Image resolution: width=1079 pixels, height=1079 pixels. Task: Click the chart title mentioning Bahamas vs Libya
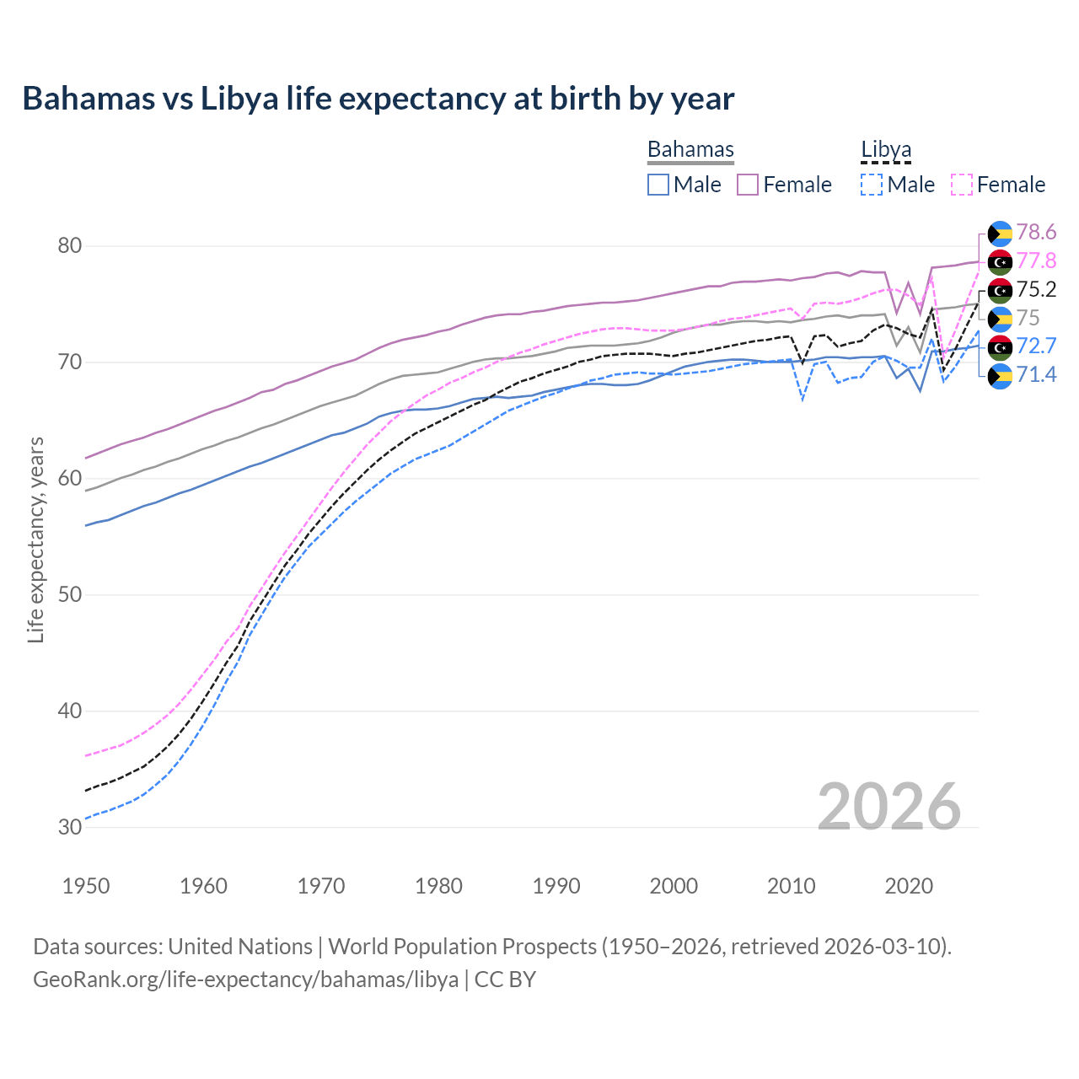click(x=378, y=99)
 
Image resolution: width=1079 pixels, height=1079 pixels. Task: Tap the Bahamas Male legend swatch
click(x=658, y=185)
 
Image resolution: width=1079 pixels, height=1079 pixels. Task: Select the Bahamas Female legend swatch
click(x=748, y=185)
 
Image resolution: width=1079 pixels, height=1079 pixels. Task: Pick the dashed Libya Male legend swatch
click(x=872, y=185)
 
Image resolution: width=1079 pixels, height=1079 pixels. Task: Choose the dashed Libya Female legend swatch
click(x=961, y=185)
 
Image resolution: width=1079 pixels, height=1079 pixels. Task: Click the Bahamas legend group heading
click(x=690, y=150)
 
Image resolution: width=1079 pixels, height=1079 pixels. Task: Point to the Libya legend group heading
click(x=886, y=150)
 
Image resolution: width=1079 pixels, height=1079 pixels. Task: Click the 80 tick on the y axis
click(x=70, y=246)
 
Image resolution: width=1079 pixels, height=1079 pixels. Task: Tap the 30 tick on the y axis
click(x=70, y=827)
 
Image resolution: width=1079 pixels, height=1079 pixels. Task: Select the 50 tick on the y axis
click(x=70, y=595)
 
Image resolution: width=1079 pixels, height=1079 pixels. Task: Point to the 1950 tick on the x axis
click(x=87, y=886)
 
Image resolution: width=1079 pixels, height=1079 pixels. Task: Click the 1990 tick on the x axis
click(x=556, y=886)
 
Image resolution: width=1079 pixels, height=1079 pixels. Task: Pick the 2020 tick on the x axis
click(x=909, y=886)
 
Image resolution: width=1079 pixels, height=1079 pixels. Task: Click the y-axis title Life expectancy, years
click(x=36, y=539)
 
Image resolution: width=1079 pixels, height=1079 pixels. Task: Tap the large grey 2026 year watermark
click(x=888, y=807)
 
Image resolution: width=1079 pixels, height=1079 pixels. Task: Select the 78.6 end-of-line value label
click(x=1036, y=233)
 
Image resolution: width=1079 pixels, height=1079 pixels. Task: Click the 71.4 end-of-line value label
click(x=1036, y=375)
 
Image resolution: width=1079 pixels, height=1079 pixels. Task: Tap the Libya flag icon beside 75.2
click(x=1000, y=291)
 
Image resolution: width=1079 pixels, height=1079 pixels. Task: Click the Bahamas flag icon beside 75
click(x=1000, y=319)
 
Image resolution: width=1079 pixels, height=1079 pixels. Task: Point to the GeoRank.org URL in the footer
click(x=245, y=980)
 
